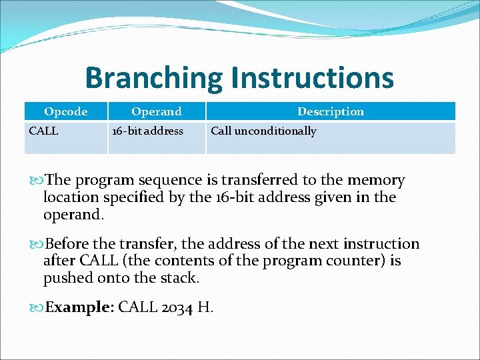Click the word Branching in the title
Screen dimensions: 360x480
154,78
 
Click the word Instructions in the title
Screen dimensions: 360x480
312,78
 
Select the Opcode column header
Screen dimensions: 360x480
65,111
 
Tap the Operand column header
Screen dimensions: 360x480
156,111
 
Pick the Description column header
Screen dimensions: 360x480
331,111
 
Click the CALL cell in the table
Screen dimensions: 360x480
44,131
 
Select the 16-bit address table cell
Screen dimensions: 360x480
147,131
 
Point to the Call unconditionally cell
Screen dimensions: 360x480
263,131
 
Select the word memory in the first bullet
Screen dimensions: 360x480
373,180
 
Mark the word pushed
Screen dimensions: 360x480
65,278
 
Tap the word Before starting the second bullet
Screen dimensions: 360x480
70,244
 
